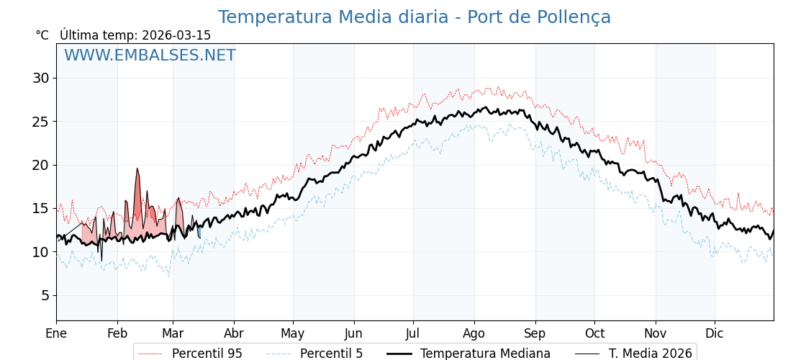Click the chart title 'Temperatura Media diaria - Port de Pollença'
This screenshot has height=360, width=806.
point(414,17)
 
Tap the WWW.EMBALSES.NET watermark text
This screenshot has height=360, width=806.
point(150,55)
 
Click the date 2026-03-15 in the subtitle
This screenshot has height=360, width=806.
point(176,35)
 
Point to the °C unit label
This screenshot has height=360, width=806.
point(42,35)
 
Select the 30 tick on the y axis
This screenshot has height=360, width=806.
point(40,78)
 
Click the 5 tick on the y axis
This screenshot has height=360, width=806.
point(45,295)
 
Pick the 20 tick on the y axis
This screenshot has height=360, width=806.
point(40,165)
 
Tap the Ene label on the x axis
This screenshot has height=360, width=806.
point(56,333)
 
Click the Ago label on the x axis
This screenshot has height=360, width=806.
point(474,333)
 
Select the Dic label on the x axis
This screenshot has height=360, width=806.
point(715,333)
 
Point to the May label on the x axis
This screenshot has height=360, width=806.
point(293,333)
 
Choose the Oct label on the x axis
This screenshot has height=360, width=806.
point(594,333)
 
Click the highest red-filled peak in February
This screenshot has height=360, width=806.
point(137,169)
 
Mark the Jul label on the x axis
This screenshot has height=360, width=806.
point(413,333)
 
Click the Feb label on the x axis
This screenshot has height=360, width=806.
point(117,333)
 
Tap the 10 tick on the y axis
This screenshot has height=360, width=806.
point(40,252)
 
